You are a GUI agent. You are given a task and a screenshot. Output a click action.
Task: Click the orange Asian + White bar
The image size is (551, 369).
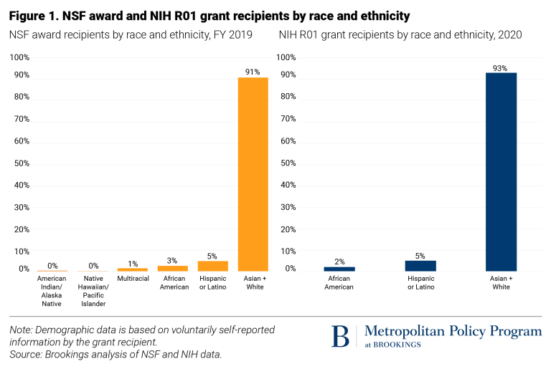253,174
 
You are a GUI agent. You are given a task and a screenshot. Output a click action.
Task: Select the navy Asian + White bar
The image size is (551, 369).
501,172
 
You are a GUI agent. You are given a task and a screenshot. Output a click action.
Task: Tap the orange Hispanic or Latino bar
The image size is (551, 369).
212,266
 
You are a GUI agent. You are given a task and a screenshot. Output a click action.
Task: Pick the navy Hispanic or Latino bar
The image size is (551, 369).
420,266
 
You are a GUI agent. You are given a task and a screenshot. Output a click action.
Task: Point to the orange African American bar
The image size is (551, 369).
173,268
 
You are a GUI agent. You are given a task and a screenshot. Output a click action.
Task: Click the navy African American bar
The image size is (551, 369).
339,269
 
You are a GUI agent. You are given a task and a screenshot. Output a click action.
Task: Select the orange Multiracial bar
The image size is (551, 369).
133,269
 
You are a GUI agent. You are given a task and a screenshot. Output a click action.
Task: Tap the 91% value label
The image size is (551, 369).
253,72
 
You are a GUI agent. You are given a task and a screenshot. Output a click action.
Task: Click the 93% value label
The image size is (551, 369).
501,68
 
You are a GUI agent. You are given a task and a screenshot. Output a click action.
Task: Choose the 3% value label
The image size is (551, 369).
173,260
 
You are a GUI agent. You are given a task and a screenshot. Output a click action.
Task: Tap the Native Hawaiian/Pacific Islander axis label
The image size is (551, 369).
93,290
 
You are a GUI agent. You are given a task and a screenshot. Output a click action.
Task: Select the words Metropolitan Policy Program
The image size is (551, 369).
453,331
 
